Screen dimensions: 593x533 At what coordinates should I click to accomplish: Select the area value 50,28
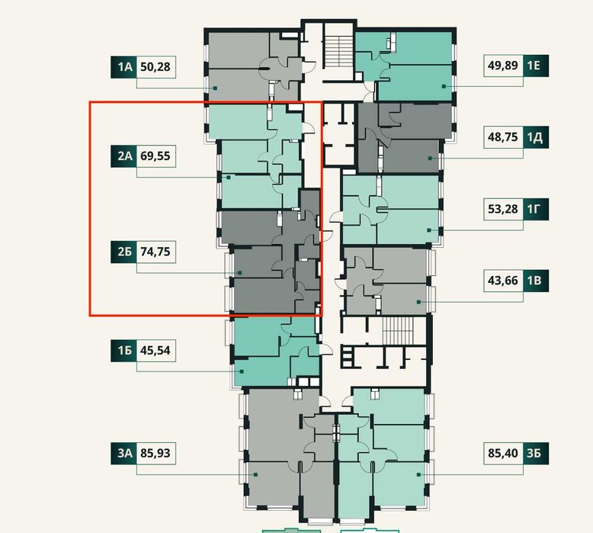[155, 67]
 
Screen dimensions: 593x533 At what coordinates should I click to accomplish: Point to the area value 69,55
[155, 156]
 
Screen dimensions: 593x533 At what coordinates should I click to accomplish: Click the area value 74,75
[155, 252]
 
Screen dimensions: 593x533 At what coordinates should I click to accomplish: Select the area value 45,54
[155, 350]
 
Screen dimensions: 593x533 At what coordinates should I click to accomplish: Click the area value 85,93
[155, 453]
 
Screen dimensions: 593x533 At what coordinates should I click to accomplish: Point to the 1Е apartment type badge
[536, 66]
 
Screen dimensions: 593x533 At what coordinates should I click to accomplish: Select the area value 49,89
[502, 66]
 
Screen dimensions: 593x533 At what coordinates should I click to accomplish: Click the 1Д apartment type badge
[536, 137]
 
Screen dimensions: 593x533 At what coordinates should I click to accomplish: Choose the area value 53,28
[502, 209]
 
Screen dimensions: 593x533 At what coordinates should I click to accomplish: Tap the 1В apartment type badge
[536, 281]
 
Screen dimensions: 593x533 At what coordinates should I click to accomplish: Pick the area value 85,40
[502, 453]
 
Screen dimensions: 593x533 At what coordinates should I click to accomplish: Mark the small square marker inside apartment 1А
[215, 88]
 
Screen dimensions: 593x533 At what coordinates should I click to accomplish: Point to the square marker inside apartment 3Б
[418, 474]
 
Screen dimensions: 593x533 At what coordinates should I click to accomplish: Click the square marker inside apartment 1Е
[444, 86]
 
